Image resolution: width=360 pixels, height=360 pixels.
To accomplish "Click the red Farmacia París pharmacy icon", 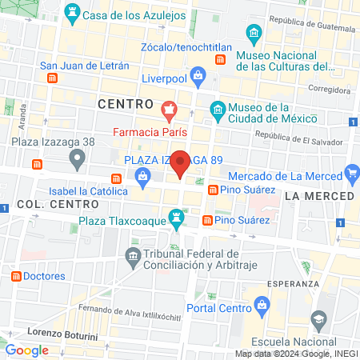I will pyautogui.click(x=168, y=109).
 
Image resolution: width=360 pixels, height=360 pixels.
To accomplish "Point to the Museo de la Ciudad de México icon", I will pyautogui.click(x=217, y=109).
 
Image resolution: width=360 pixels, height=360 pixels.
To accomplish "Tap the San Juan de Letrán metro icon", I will pyautogui.click(x=53, y=78).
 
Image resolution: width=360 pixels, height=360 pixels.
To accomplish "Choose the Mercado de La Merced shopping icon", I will pyautogui.click(x=350, y=174).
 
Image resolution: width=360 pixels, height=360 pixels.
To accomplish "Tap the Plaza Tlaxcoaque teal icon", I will pyautogui.click(x=178, y=218).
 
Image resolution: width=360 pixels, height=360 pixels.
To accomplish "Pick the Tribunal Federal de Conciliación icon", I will pyautogui.click(x=132, y=256).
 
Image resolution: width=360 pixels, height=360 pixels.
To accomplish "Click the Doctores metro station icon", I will pyautogui.click(x=15, y=276).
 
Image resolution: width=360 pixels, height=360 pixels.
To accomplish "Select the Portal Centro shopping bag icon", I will pyautogui.click(x=261, y=304).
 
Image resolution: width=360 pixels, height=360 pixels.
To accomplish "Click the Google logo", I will pyautogui.click(x=26, y=350).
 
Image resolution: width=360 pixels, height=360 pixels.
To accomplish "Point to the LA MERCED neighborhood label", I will pyautogui.click(x=318, y=196).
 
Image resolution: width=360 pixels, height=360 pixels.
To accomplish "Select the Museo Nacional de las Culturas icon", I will pyautogui.click(x=254, y=34).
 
